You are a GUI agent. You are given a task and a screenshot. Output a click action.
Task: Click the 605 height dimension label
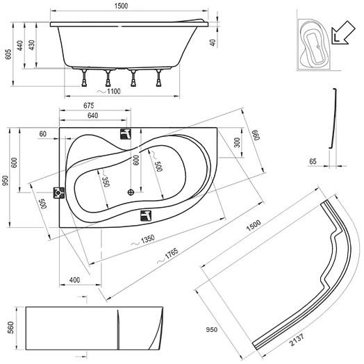coord(8,54)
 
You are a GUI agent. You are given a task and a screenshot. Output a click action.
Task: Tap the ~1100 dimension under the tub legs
coord(109,91)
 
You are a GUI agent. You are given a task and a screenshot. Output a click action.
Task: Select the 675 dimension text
coord(89,106)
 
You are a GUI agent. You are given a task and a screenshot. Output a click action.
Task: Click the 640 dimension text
coord(92,115)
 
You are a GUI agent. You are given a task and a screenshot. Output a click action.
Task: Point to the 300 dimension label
coord(237,142)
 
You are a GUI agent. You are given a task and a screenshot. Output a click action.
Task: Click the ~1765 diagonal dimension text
coord(168,256)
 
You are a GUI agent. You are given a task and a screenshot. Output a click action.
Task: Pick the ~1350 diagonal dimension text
coord(143,240)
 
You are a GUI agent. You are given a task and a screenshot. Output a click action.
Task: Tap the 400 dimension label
coord(74,280)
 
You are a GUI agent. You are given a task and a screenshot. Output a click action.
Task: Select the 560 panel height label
coord(11,328)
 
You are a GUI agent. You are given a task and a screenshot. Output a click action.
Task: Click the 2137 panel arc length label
coord(297,340)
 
